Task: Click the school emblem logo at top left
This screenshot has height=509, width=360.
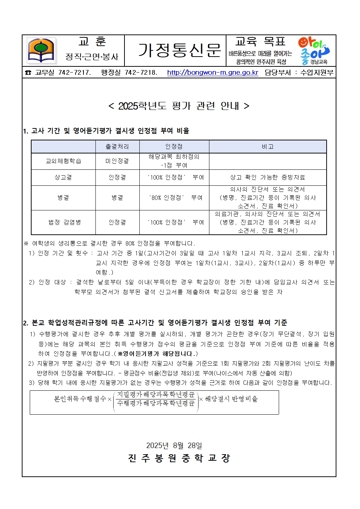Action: tap(41, 51)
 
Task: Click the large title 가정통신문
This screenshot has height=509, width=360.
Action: tap(179, 50)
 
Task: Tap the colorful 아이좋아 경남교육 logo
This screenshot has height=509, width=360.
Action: tap(314, 50)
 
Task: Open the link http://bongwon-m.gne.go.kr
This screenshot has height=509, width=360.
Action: tap(212, 73)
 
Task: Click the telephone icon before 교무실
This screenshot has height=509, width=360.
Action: tap(28, 73)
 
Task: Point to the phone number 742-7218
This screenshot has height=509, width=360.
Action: tap(141, 73)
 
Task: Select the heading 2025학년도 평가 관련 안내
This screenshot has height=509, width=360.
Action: tap(179, 106)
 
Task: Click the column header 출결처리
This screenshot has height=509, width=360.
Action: tap(117, 147)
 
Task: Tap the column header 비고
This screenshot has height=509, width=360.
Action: tap(267, 147)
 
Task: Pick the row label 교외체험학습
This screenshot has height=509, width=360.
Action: tap(63, 161)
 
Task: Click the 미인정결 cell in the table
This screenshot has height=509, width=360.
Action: tap(117, 161)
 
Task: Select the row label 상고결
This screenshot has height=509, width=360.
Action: tap(63, 177)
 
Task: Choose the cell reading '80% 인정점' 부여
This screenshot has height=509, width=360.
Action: tap(174, 198)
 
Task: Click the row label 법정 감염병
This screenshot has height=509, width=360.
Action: tap(63, 222)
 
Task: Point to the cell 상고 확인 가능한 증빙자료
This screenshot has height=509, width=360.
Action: tap(267, 177)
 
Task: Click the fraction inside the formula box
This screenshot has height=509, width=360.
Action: tap(156, 399)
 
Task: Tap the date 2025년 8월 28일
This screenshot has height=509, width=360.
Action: tap(174, 446)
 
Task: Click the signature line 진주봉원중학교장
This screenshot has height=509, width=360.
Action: tap(179, 458)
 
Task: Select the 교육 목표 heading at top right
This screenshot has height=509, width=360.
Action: tap(260, 41)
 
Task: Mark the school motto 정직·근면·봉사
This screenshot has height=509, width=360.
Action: tap(92, 57)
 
